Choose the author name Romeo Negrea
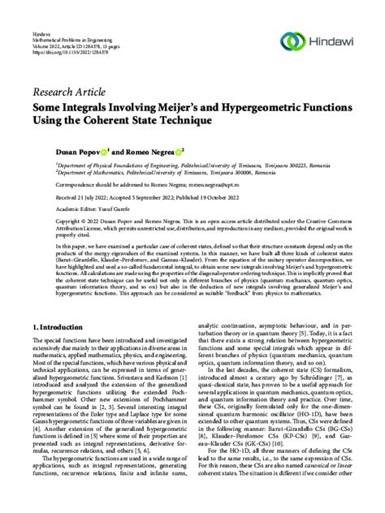(126, 151)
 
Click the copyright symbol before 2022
(67, 220)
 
